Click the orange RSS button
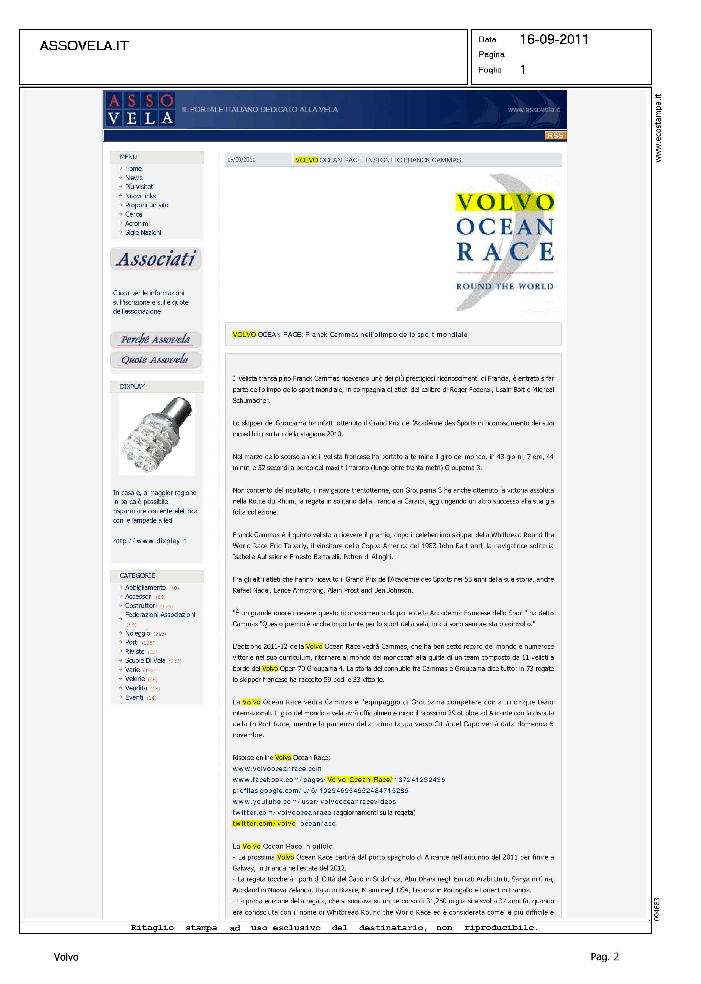click(x=555, y=136)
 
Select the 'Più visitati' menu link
click(x=139, y=187)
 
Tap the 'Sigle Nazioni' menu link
click(x=143, y=233)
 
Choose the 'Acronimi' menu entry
click(x=137, y=224)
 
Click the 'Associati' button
click(x=156, y=259)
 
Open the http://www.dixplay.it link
click(x=149, y=541)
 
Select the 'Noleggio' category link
click(x=138, y=633)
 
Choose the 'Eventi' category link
click(x=134, y=697)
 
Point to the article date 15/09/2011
click(x=241, y=160)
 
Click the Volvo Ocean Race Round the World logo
click(x=505, y=244)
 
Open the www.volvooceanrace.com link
click(x=277, y=769)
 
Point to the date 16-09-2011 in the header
click(x=554, y=40)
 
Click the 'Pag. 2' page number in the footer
click(x=604, y=957)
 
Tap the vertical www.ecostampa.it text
click(x=658, y=128)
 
